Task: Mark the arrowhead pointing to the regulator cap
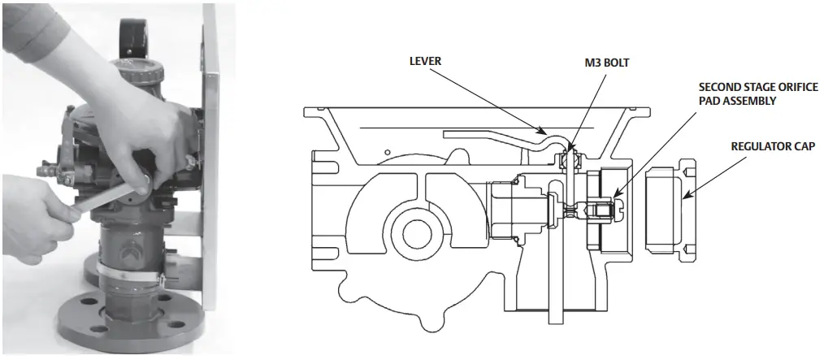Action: [685, 196]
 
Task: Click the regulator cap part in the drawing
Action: [666, 209]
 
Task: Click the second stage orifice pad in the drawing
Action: [607, 209]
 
